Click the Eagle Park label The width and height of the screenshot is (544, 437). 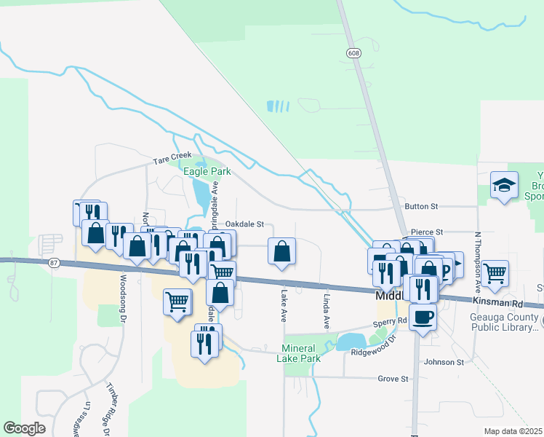pyautogui.click(x=207, y=171)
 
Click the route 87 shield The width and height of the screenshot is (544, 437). pyautogui.click(x=54, y=261)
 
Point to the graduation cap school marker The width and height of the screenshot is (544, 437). pyautogui.click(x=503, y=185)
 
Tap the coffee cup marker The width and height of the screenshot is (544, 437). pyautogui.click(x=423, y=317)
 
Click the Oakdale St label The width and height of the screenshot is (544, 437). pyautogui.click(x=249, y=224)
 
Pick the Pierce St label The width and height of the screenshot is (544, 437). pyautogui.click(x=427, y=232)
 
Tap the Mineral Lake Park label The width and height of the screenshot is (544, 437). pyautogui.click(x=300, y=353)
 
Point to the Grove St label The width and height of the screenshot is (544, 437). pyautogui.click(x=393, y=379)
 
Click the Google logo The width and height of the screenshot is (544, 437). pyautogui.click(x=24, y=428)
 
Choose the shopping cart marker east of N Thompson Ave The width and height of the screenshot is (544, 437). pyautogui.click(x=495, y=274)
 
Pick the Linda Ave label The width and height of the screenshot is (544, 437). pyautogui.click(x=327, y=310)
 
